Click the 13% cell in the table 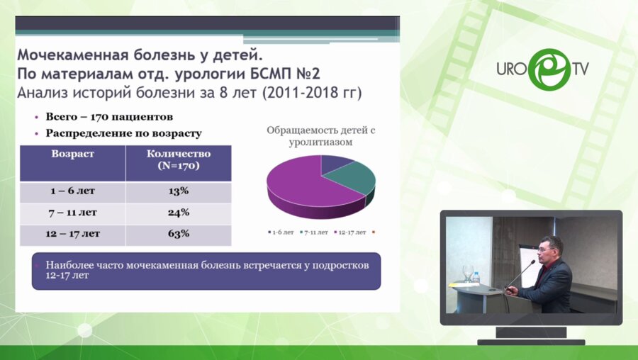click(178, 191)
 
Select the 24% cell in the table click(178, 213)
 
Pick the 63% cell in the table click(178, 234)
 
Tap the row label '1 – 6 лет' click(72, 191)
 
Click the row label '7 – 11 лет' click(72, 213)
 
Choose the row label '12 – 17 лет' click(72, 234)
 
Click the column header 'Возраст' click(72, 154)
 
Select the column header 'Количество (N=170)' click(178, 159)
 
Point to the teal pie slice click(352, 177)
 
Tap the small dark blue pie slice click(333, 163)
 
